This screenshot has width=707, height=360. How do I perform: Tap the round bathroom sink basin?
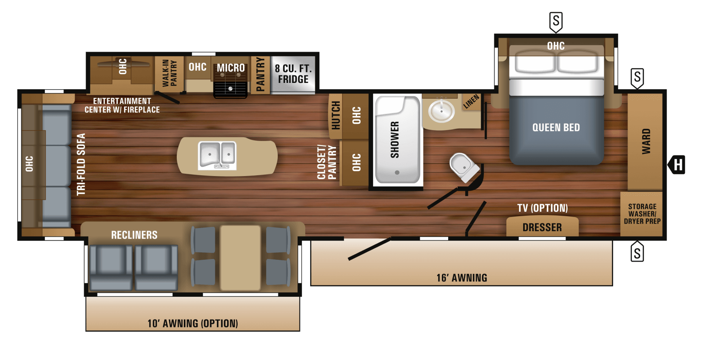click(x=441, y=111)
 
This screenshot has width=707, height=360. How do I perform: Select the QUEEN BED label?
click(x=556, y=128)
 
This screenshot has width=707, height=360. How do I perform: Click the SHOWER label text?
click(x=395, y=140)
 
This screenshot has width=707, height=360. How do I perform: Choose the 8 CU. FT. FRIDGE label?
click(x=293, y=74)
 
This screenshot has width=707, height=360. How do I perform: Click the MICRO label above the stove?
click(x=231, y=68)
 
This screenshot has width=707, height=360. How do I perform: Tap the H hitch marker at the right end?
click(x=677, y=165)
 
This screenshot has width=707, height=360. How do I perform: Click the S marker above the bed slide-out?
click(x=556, y=22)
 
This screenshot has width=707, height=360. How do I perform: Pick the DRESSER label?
click(x=542, y=228)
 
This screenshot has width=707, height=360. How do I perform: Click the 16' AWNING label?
click(x=462, y=278)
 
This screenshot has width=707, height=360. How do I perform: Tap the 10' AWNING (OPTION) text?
click(x=192, y=323)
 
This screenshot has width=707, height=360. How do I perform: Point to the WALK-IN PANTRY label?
click(x=170, y=73)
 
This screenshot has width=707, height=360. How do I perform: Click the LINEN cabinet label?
click(x=471, y=101)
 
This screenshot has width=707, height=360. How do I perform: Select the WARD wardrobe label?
click(x=646, y=141)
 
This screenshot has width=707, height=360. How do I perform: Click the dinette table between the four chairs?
click(x=240, y=257)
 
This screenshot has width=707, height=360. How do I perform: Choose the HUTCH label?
click(x=335, y=115)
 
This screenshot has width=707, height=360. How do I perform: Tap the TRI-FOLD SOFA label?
click(x=81, y=164)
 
